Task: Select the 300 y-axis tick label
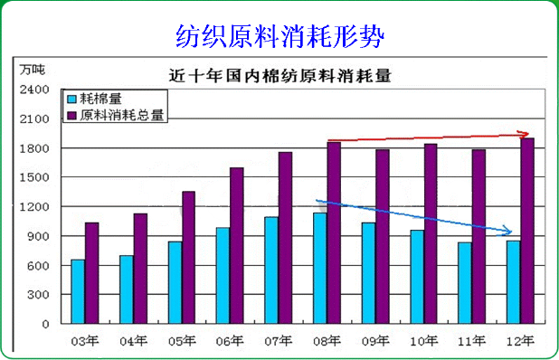point(38,295)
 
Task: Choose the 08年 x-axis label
point(327,341)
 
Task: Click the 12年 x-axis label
point(520,341)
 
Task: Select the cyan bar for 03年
point(78,291)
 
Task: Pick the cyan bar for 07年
point(271,270)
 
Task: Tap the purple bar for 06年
point(237,245)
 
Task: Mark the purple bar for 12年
point(527,231)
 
